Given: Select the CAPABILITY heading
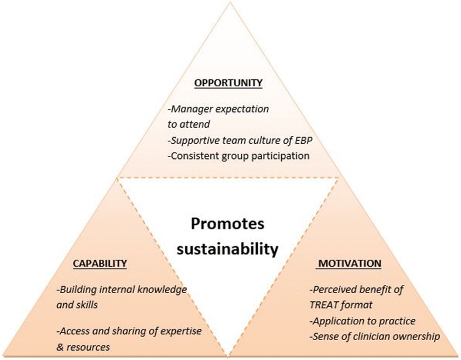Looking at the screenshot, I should pyautogui.click(x=99, y=263).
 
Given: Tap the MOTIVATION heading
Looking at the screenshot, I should pyautogui.click(x=350, y=263).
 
